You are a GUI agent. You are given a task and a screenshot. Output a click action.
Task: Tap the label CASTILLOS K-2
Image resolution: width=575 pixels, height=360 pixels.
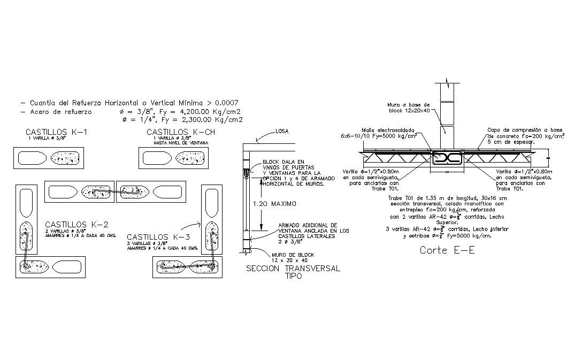(77, 224)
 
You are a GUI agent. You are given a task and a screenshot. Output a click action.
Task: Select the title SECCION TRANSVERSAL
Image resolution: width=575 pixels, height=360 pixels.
(293, 269)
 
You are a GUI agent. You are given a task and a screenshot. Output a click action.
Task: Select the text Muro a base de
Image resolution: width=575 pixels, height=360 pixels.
(409, 104)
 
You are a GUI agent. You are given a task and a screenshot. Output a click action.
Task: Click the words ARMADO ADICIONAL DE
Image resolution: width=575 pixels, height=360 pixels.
(307, 225)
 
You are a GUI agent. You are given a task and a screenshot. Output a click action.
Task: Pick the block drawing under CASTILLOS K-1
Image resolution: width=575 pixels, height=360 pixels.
(49, 158)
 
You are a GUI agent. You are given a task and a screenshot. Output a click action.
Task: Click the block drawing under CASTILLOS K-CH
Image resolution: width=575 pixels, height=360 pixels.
(174, 158)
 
